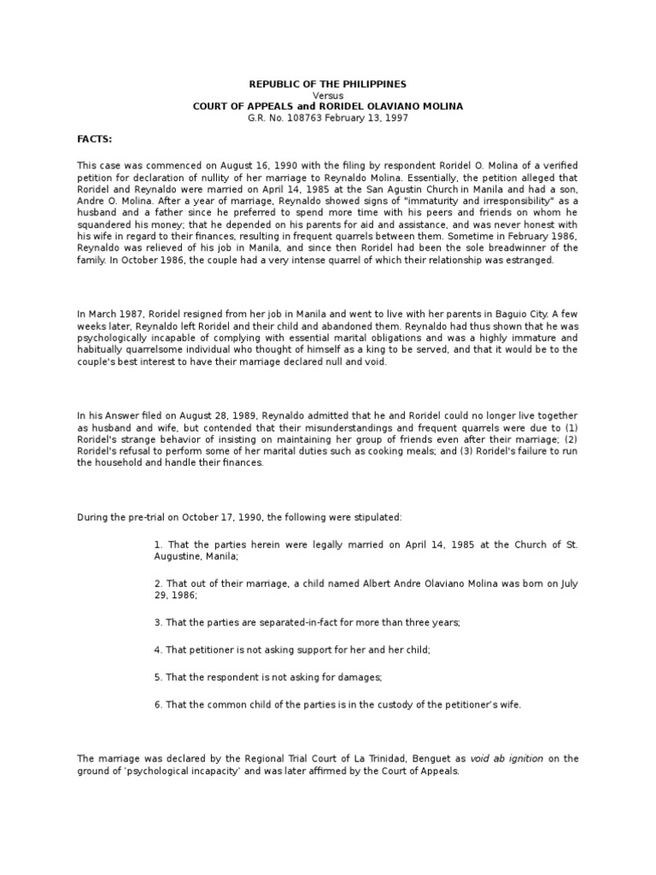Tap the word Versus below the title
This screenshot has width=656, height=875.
point(327,95)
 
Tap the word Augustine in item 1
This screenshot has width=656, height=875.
point(183,532)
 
